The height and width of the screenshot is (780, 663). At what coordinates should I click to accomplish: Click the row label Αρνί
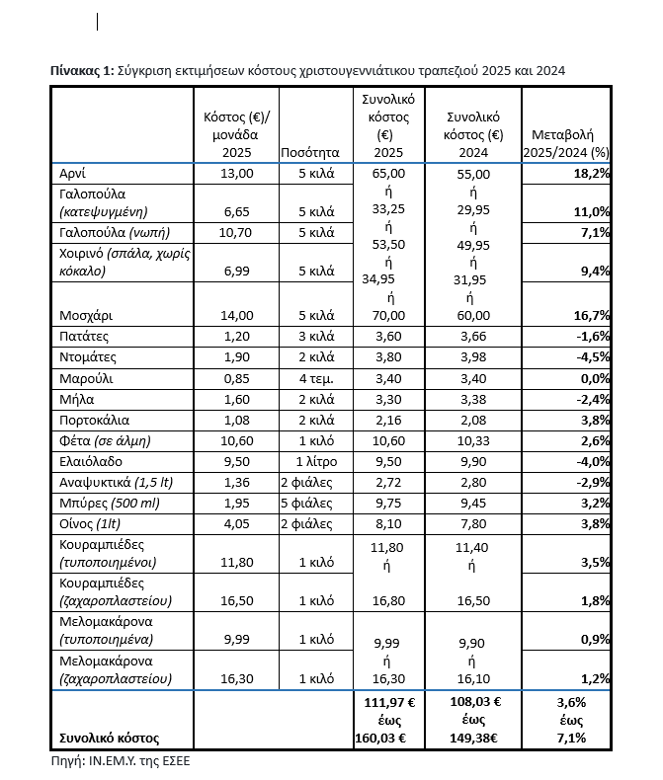point(73,173)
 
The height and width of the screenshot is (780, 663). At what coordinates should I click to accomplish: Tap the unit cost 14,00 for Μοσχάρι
point(237,315)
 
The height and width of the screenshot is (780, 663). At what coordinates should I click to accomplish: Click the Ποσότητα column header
point(310,153)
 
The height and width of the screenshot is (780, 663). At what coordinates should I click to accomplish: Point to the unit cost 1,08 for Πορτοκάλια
point(237,418)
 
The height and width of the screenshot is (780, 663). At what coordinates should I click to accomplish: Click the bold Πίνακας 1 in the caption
point(81,70)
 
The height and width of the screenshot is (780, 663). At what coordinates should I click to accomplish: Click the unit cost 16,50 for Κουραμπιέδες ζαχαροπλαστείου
point(237,600)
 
